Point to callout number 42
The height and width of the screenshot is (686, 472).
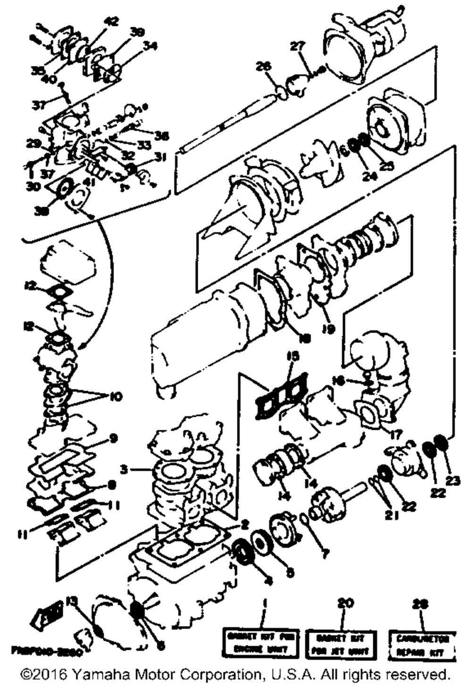112,21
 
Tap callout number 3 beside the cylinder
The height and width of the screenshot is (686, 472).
124,469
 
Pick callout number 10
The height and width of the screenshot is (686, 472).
116,396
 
